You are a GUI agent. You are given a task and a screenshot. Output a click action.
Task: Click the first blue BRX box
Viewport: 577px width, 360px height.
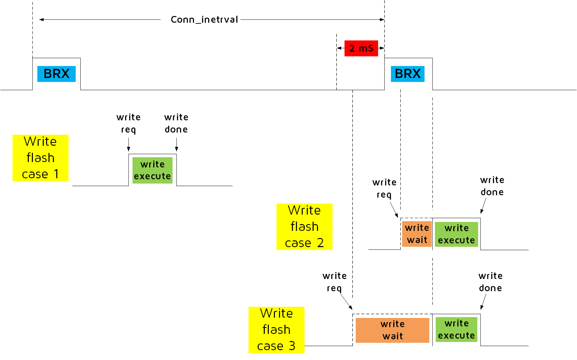click(56, 74)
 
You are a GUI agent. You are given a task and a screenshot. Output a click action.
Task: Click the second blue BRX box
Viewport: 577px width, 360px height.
click(407, 74)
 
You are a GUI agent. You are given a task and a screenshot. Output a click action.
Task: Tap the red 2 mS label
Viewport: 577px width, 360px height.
click(361, 48)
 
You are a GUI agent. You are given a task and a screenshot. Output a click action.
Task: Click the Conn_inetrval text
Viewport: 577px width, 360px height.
click(204, 20)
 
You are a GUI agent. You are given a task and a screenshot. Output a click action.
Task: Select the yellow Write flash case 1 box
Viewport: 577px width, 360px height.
click(40, 158)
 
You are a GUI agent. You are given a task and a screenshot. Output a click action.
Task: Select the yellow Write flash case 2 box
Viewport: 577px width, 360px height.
click(304, 227)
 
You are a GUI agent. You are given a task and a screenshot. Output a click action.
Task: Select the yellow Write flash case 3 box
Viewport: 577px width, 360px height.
click(276, 330)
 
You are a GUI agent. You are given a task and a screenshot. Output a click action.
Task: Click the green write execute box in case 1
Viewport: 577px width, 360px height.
click(152, 170)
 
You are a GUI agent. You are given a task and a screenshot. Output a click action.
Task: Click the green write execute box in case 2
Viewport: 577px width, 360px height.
click(456, 234)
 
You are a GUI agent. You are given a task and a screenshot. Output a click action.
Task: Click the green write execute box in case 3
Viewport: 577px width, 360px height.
click(456, 329)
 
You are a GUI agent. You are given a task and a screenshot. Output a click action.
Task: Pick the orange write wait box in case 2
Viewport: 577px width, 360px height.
click(417, 234)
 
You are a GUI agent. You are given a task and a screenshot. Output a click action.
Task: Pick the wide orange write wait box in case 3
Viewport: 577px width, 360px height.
click(392, 330)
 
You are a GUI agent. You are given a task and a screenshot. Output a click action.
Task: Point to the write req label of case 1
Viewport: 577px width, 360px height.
click(128, 123)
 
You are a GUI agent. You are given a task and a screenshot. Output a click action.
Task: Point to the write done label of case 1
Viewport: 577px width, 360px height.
click(176, 123)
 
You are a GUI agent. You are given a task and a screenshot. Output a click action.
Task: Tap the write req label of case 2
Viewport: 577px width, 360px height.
click(384, 188)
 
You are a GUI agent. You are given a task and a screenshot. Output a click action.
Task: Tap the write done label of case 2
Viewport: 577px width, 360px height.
click(492, 186)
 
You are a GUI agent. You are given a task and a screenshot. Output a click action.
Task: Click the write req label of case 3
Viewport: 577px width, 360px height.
click(334, 282)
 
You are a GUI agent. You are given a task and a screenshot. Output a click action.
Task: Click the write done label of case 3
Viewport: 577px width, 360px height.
click(490, 282)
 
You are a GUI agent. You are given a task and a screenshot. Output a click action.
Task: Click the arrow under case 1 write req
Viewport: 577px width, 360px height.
click(128, 145)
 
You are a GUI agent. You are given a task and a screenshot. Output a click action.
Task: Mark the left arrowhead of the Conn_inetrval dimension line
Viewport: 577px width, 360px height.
click(41, 20)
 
